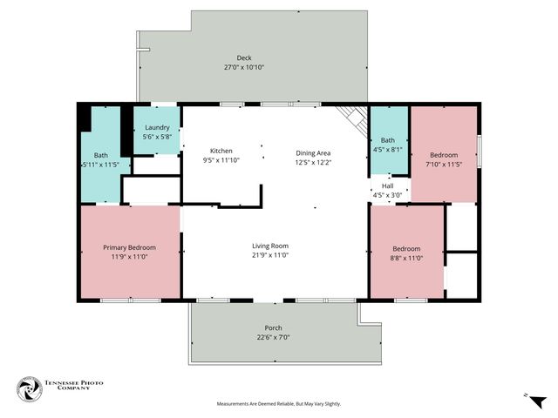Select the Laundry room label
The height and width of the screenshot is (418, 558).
pos(157,127)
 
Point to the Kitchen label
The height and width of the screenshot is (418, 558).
pos(221,151)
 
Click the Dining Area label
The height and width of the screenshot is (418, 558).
pos(313,152)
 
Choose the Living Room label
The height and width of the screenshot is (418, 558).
pos(270,246)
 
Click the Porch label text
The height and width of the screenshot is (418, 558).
pos(272,328)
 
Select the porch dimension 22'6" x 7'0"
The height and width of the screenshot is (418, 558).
pos(272,337)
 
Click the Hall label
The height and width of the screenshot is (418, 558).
pos(388,185)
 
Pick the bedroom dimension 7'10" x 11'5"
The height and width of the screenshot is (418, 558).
pos(444,164)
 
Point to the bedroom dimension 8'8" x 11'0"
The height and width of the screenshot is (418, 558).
pos(406,259)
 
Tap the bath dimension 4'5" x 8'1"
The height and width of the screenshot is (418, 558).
pos(388,149)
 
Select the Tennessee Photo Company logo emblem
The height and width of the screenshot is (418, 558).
pos(29,389)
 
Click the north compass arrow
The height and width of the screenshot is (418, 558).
pos(537,401)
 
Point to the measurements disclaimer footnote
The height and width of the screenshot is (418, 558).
pos(279,404)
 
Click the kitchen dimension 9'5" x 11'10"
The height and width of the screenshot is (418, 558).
pos(221,160)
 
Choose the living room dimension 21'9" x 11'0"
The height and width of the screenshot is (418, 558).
pos(270,255)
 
